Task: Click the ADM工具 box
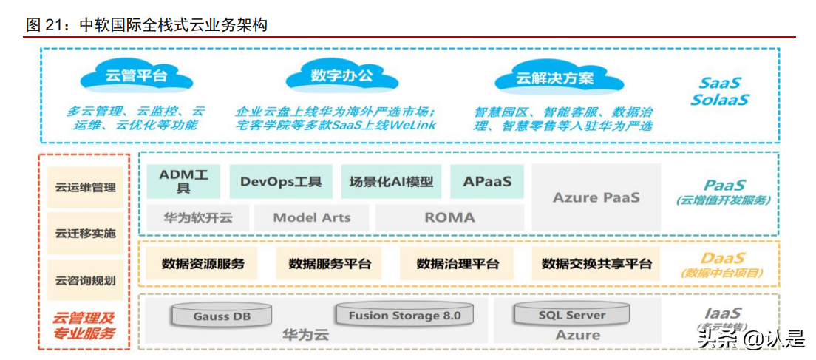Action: (183, 181)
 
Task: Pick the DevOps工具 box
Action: (281, 181)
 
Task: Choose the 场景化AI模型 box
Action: (392, 181)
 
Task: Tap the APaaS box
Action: (487, 181)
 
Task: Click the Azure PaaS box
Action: (596, 197)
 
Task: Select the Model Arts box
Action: (311, 217)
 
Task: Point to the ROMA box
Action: (449, 217)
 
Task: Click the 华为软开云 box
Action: (197, 217)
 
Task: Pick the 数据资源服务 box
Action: (203, 264)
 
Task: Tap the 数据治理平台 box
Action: (458, 264)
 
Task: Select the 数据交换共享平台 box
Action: (596, 264)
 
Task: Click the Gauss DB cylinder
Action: (222, 316)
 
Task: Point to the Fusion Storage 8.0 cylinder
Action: (404, 316)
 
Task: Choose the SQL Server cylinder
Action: (571, 315)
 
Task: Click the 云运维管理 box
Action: (85, 187)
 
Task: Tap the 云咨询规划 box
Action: (85, 280)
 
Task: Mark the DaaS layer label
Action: (723, 259)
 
